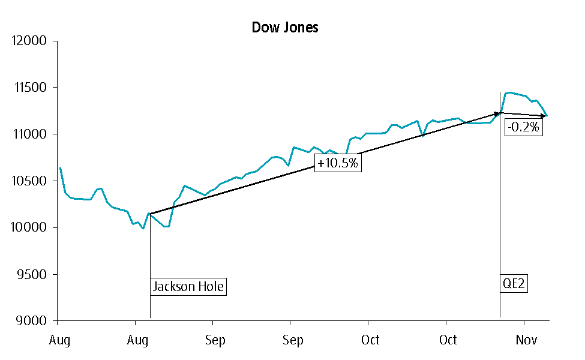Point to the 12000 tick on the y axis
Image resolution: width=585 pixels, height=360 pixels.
(29, 41)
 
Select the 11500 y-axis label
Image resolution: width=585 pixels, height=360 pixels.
(29, 88)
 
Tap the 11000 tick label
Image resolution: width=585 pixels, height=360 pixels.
(29, 134)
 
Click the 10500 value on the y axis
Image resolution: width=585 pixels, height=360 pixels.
(29, 181)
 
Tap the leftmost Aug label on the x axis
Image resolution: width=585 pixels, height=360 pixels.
(60, 340)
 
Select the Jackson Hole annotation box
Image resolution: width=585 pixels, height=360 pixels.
(188, 287)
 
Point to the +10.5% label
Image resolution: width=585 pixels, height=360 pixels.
(338, 163)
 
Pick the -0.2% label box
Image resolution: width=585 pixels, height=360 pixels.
(523, 127)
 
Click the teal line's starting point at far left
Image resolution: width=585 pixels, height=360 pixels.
(60, 168)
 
